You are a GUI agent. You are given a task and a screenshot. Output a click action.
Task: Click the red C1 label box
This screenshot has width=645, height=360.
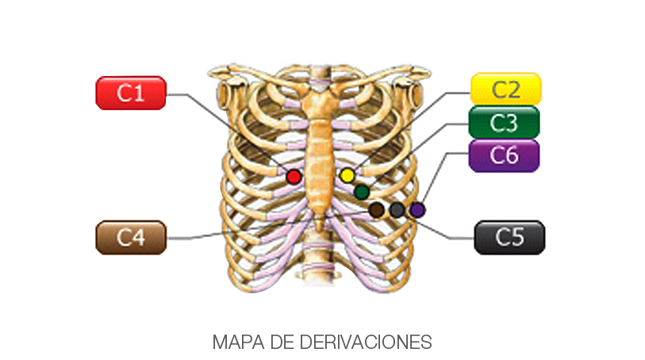(130, 93)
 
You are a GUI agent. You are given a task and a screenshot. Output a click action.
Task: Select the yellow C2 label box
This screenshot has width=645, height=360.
(505, 89)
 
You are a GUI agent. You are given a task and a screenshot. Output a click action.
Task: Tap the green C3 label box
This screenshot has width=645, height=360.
(504, 122)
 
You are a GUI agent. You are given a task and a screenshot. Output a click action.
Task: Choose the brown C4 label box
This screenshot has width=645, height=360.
(130, 237)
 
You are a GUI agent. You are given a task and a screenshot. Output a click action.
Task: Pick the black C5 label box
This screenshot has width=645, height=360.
(509, 237)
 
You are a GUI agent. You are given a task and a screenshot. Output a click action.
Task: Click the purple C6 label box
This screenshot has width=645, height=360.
(504, 155)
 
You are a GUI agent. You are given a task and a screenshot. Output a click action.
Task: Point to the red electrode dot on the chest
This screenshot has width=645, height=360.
(294, 176)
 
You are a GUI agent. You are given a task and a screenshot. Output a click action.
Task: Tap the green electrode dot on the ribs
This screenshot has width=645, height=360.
(362, 191)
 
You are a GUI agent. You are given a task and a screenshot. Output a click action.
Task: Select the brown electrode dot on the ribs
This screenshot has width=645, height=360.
(377, 209)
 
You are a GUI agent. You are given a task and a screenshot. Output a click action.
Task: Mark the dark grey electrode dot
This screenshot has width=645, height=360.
(397, 209)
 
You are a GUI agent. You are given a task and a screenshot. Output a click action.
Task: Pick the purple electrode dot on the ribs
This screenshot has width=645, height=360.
(417, 209)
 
